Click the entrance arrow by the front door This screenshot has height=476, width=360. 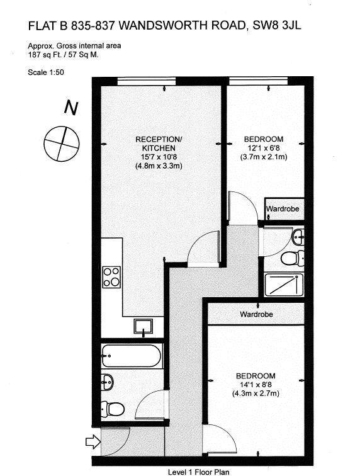[93, 441]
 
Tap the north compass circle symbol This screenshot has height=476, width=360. [62, 144]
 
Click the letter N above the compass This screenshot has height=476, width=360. [71, 108]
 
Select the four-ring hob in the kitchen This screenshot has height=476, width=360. [111, 277]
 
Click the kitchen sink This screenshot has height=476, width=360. [143, 326]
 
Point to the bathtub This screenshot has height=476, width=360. [132, 356]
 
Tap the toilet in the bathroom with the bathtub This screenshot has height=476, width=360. [112, 409]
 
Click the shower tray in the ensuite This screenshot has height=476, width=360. [284, 285]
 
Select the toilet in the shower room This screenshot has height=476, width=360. [293, 258]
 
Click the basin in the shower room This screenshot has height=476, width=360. [298, 237]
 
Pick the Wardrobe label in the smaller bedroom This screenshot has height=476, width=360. [283, 209]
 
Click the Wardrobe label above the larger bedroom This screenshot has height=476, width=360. [256, 314]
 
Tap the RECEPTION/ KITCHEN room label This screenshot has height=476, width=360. [159, 144]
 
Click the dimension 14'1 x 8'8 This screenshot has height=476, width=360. [256, 385]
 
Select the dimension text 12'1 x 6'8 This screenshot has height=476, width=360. [264, 148]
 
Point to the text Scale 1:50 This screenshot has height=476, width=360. [46, 72]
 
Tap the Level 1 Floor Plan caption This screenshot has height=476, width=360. [199, 472]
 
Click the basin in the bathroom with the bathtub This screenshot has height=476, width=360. [107, 382]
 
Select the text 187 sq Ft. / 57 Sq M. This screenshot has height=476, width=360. [63, 55]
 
